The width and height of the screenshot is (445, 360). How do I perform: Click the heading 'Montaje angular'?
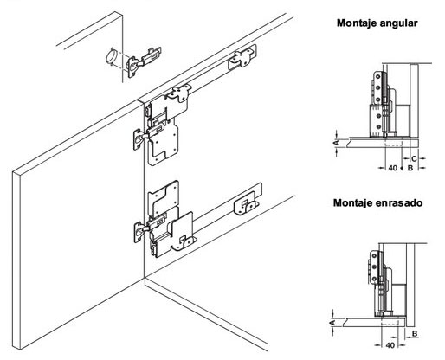(377, 23)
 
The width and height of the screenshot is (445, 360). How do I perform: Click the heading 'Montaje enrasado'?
(377, 202)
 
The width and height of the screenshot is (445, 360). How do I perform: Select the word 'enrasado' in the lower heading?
(399, 202)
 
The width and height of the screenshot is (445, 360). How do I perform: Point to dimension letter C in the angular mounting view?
(414, 158)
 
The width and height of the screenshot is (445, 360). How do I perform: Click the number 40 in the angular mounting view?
(393, 168)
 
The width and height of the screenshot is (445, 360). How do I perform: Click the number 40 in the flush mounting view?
(390, 345)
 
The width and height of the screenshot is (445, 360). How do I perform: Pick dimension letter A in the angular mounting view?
(336, 143)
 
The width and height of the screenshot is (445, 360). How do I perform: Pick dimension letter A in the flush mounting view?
(332, 322)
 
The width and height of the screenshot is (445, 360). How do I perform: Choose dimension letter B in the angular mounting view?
(410, 168)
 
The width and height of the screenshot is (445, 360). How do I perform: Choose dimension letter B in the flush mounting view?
(415, 334)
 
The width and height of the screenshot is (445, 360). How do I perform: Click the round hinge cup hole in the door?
(112, 56)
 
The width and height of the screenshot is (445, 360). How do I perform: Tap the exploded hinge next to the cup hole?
(144, 61)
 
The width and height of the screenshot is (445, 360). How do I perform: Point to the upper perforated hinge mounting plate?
(164, 141)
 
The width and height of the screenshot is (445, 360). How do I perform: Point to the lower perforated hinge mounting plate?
(164, 200)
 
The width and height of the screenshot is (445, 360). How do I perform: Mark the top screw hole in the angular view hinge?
(377, 76)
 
